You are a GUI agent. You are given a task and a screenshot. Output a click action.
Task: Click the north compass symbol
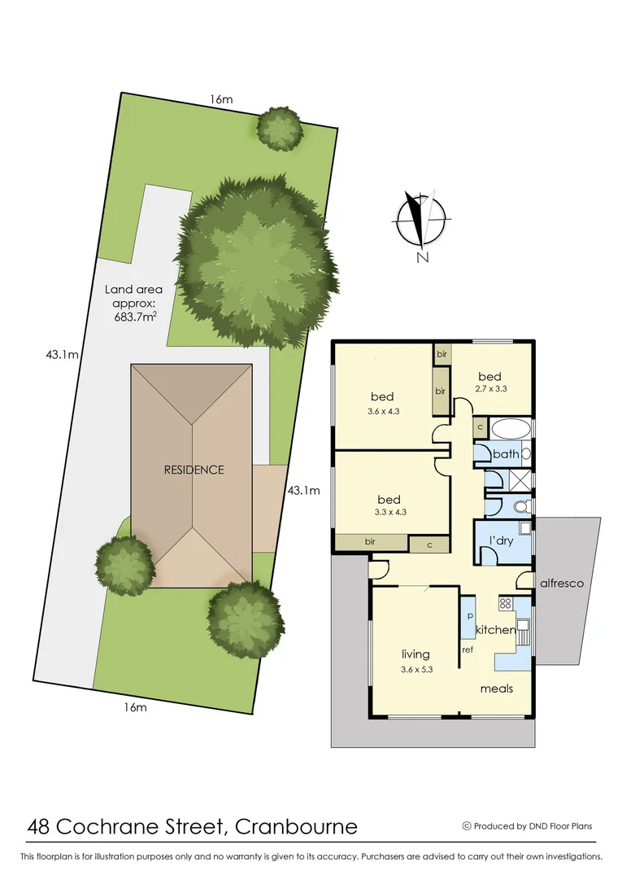[x=420, y=221]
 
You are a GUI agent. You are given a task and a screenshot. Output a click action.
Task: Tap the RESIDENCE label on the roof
[x=194, y=470]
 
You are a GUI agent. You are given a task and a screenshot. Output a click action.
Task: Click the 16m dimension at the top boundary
[x=221, y=99]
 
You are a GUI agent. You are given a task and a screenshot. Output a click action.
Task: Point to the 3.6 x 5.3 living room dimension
[x=415, y=669]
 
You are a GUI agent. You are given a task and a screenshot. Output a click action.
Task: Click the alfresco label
[x=562, y=584]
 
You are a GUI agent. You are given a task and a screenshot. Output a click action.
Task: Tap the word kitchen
[x=495, y=630]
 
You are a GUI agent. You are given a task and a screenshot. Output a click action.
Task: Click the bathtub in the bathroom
[x=511, y=429]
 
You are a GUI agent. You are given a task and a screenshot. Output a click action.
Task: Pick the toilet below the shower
[x=521, y=507]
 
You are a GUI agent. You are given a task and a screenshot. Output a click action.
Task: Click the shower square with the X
[x=518, y=480]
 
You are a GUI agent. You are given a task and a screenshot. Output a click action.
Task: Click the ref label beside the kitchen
[x=468, y=649]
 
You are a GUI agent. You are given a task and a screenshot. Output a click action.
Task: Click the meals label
[x=496, y=689]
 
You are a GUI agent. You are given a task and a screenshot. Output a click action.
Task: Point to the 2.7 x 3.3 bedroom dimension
[x=490, y=389]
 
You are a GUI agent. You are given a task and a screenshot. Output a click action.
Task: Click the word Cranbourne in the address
[x=296, y=827]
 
